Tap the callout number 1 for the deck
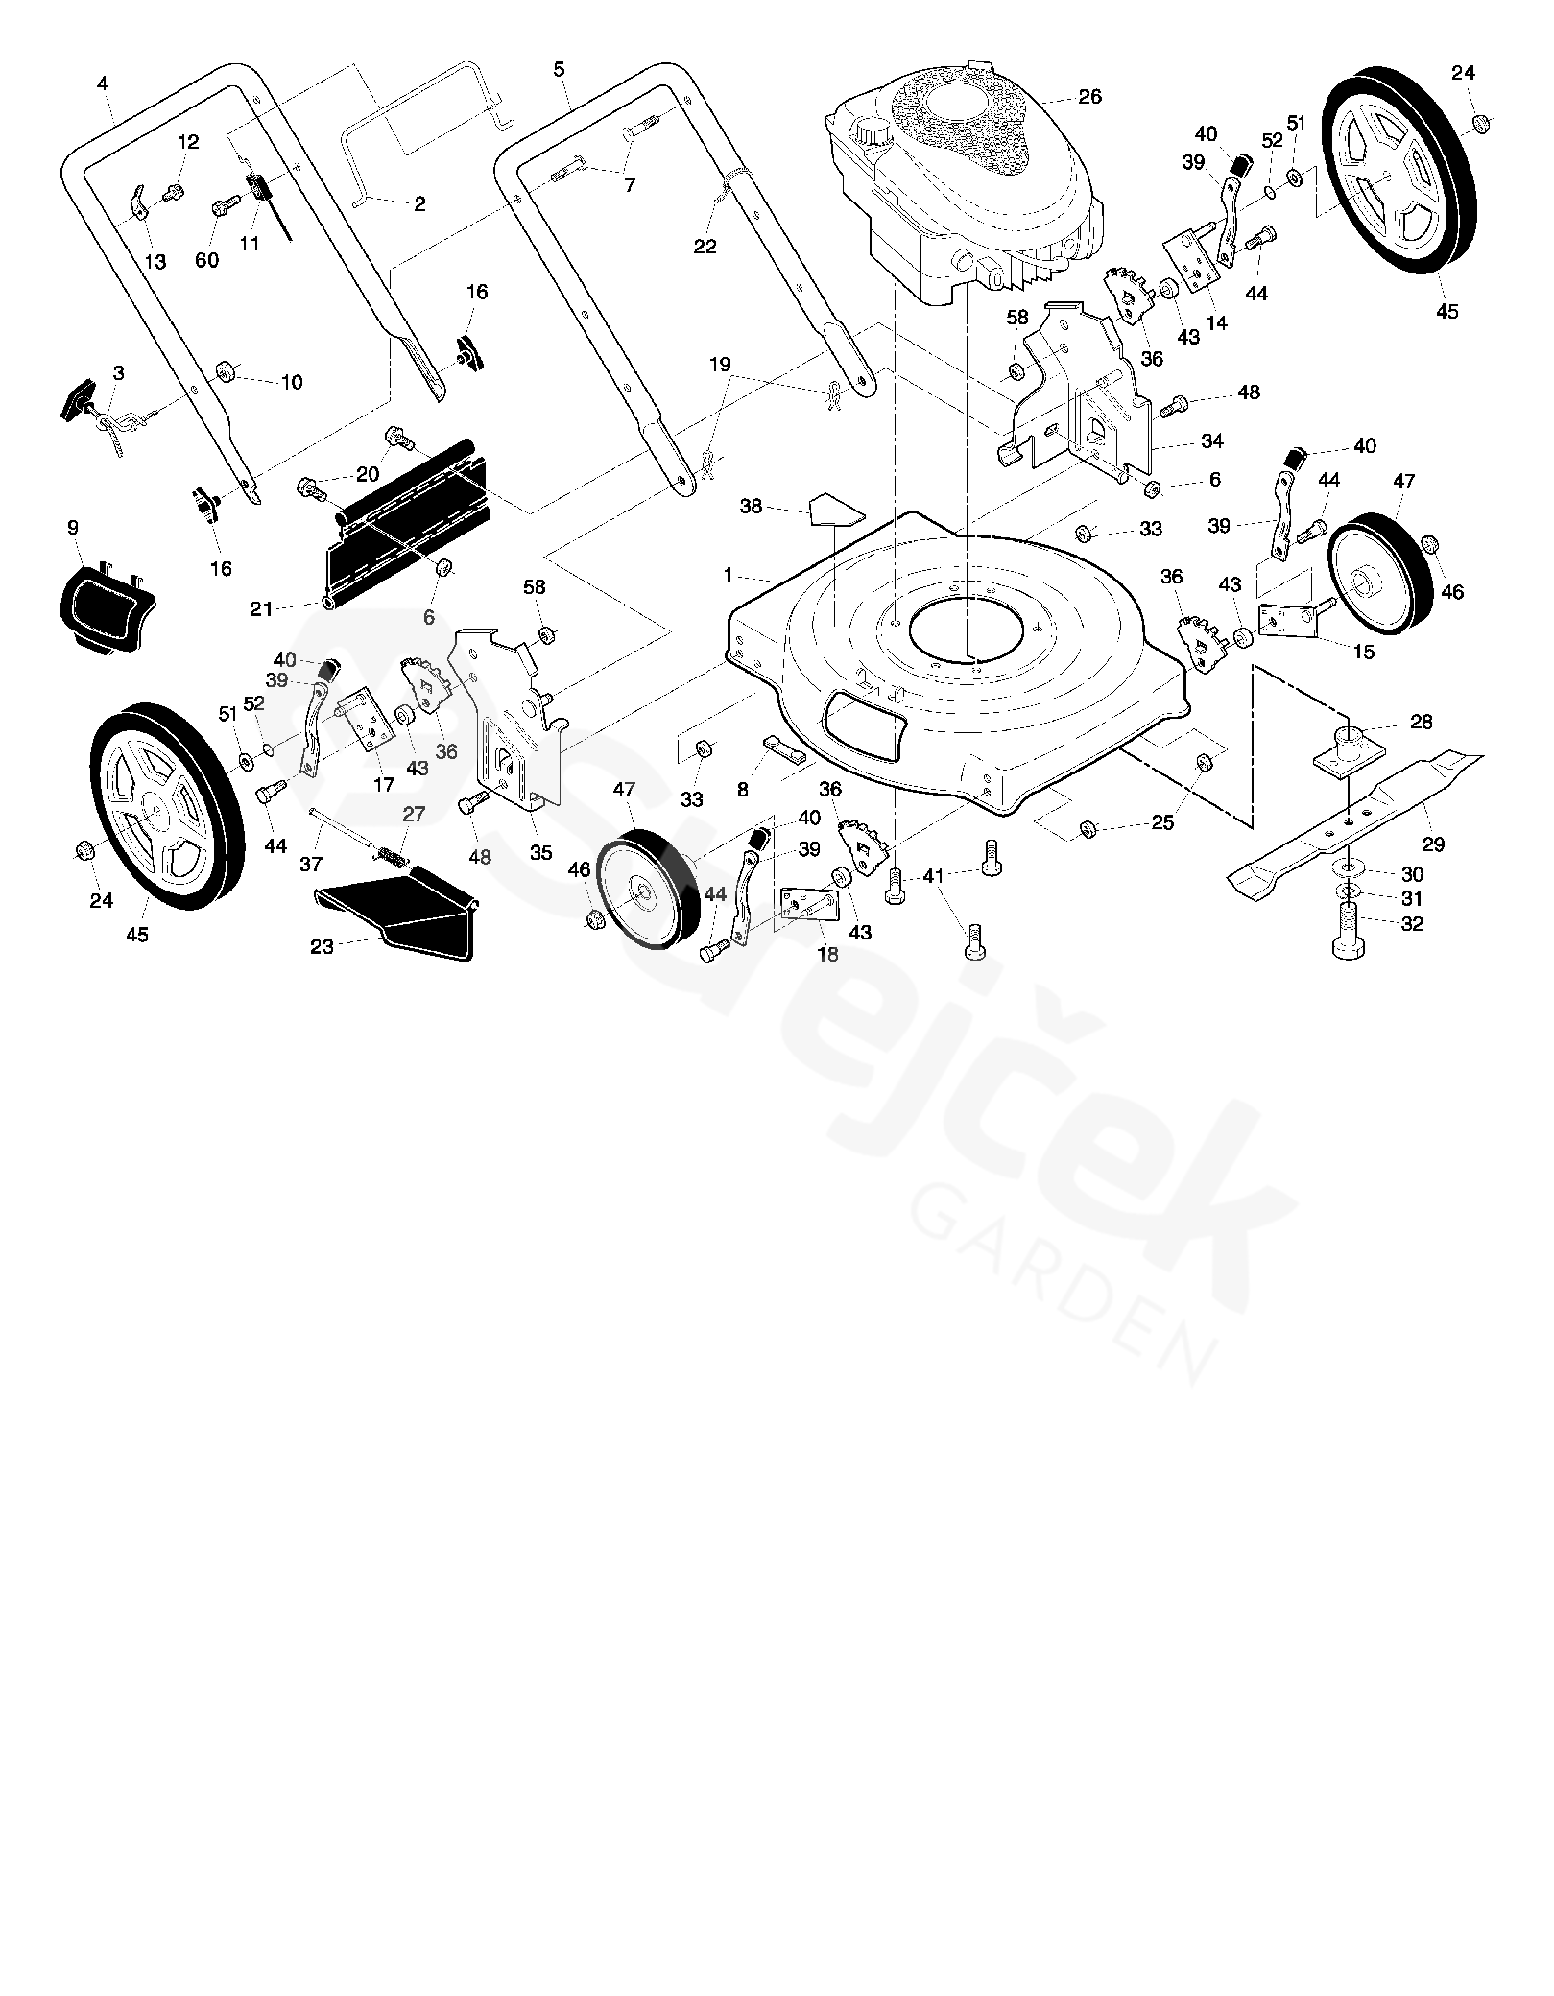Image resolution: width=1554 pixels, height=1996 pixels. coord(729,575)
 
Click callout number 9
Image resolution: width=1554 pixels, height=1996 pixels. coord(73,528)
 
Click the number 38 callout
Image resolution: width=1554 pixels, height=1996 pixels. coord(751,506)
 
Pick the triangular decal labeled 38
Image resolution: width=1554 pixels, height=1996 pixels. coord(835,509)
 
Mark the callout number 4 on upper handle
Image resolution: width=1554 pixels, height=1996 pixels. coord(103,83)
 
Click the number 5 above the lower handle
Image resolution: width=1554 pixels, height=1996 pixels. coord(559,69)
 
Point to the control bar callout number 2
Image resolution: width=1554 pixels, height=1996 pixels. coord(419,203)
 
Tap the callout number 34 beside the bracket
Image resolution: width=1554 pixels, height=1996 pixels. coord(1212,441)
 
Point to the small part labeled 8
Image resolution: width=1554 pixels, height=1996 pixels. coord(787,747)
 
